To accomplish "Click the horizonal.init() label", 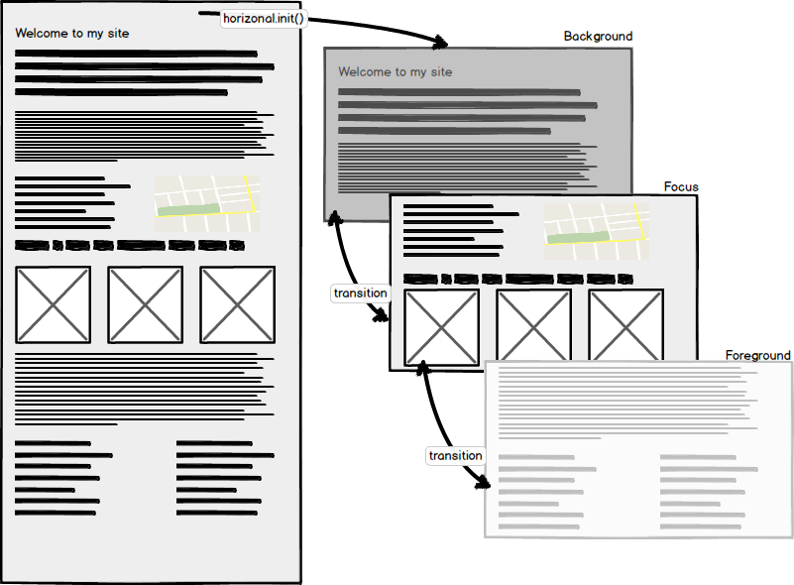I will (x=263, y=19).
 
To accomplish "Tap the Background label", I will (x=598, y=37).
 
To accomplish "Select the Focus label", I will (x=681, y=186).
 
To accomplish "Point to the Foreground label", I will (x=757, y=355).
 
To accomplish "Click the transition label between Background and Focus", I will (x=361, y=293).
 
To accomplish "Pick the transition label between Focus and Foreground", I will (x=455, y=456).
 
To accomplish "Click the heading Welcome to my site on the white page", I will (x=72, y=34).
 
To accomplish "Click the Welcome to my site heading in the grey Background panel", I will (x=395, y=72).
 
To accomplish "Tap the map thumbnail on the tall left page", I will (x=207, y=204).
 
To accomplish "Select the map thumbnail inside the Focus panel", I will (x=596, y=231).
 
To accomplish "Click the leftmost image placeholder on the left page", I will (x=54, y=303).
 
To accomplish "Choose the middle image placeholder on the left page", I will (x=146, y=303).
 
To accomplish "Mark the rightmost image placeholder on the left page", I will (x=238, y=303).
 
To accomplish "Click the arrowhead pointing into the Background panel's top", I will (x=440, y=42).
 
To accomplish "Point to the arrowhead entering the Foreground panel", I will (x=484, y=483).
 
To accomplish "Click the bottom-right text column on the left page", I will (x=218, y=478).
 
